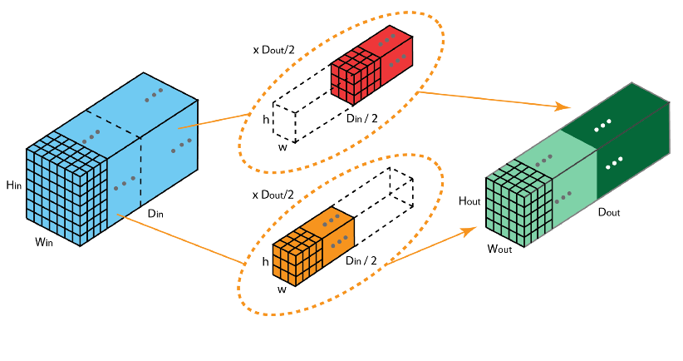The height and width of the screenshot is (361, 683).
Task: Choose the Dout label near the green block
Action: (x=609, y=212)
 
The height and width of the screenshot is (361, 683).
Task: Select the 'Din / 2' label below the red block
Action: (x=362, y=119)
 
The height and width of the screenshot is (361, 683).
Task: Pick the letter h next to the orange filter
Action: (x=265, y=261)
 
